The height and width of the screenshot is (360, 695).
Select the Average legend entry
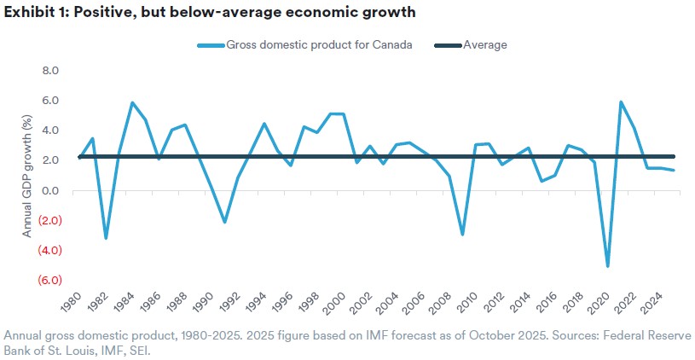tap(484, 45)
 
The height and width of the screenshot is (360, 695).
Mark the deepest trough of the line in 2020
tap(608, 266)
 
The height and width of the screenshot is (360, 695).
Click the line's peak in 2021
tap(621, 102)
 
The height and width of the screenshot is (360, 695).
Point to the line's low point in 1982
tap(106, 238)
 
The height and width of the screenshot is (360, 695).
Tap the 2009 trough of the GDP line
tap(462, 235)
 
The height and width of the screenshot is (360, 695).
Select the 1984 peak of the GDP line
tap(132, 103)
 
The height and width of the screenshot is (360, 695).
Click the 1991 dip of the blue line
tap(224, 222)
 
